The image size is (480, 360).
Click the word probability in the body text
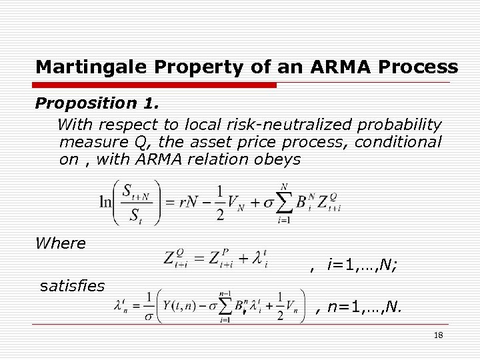(399, 125)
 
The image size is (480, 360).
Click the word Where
(61, 243)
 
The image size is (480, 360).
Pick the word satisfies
(72, 286)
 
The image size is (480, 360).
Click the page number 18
(438, 335)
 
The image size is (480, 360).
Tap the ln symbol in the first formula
(105, 202)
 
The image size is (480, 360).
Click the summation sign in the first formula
(284, 203)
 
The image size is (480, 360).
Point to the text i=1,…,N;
(363, 265)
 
